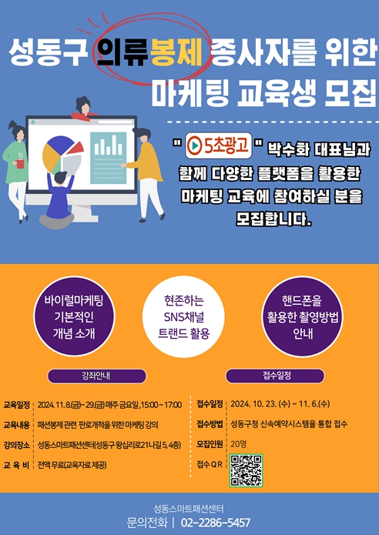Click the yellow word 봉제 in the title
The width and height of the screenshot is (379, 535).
(x=176, y=53)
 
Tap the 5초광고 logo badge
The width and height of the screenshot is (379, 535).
(x=219, y=145)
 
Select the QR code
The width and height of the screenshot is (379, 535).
(x=246, y=470)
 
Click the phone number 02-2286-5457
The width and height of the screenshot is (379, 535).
(x=216, y=523)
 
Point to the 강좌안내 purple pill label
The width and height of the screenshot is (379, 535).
(x=96, y=376)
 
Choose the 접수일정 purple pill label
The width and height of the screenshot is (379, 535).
(x=275, y=376)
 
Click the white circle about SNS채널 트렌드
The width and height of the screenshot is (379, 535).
(x=183, y=316)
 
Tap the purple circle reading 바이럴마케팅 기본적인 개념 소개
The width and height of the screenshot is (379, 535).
(x=74, y=316)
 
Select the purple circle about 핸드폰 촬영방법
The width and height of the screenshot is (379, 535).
(x=302, y=316)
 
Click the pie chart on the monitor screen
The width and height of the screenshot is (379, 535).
(x=62, y=155)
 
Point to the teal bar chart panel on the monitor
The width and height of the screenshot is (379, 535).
(x=109, y=158)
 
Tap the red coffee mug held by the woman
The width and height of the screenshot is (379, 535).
(x=20, y=163)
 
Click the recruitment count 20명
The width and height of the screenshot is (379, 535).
(x=238, y=444)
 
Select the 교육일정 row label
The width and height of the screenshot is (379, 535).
(x=16, y=405)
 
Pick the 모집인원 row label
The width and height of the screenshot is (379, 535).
(x=210, y=444)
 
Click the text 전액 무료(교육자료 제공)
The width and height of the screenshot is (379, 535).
(x=72, y=465)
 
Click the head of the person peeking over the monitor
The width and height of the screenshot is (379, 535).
(x=82, y=105)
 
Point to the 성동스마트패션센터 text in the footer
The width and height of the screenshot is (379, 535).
(x=189, y=510)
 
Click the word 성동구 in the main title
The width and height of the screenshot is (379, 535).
(x=47, y=53)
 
